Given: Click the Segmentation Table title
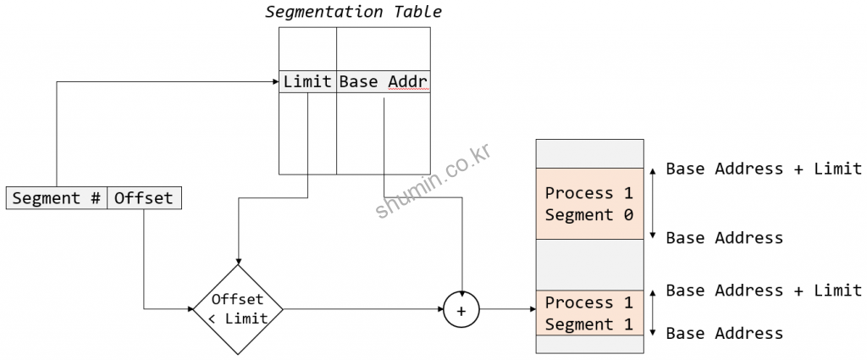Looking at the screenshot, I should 353,12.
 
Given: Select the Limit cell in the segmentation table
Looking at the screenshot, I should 307,82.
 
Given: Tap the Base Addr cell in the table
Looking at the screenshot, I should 383,82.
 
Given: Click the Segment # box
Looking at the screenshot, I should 58,198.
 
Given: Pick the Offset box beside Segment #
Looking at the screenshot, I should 144,198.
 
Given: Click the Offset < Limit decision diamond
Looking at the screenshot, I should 238,308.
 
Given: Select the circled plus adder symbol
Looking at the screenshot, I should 461,309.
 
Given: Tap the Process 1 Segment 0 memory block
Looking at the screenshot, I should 589,203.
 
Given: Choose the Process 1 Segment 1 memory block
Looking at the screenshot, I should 589,313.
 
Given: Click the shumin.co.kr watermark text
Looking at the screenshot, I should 433,181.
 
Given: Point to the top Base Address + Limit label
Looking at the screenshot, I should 764,169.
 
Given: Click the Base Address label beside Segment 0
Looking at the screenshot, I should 724,238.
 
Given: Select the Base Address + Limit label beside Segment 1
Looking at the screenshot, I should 764,291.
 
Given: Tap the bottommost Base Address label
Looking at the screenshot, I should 724,333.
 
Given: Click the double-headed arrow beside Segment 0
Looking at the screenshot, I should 653,203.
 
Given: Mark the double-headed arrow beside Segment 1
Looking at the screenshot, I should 653,313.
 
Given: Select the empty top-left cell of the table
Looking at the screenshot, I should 307,47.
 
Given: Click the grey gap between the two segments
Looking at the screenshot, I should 589,264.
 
